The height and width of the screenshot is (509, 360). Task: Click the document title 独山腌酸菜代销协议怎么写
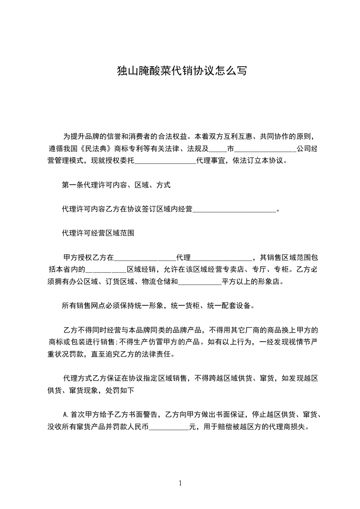[180, 71]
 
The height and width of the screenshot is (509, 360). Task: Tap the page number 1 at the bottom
[180, 483]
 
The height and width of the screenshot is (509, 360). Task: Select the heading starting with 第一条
[116, 185]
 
